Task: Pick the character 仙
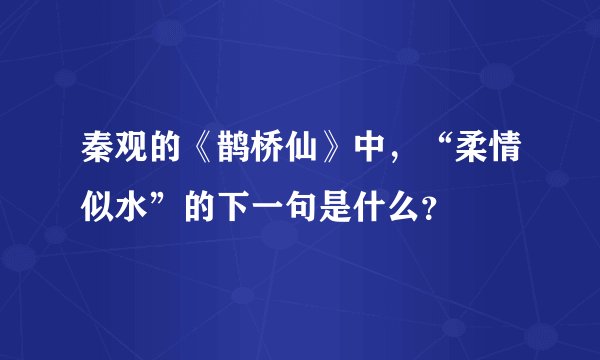pos(298,155)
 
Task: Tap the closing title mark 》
pos(337,155)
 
